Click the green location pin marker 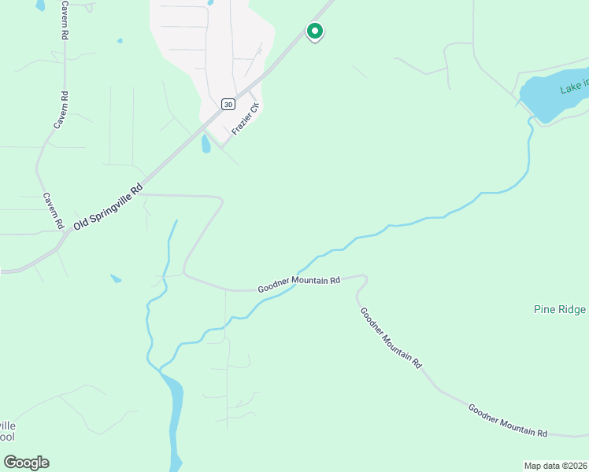(314, 31)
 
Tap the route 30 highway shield (228, 104)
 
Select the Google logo (26, 463)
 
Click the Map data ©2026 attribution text (555, 466)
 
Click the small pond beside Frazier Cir (206, 144)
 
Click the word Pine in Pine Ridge (545, 309)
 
